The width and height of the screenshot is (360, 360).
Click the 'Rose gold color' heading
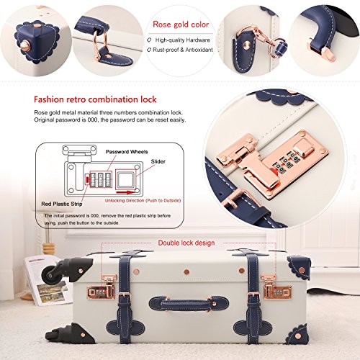[x=181, y=24]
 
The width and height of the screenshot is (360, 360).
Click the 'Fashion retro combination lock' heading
[x=95, y=99]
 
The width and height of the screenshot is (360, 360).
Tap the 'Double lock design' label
[x=186, y=243]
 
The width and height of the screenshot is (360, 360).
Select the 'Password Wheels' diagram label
[x=127, y=152]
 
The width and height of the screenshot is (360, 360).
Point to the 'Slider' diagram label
[x=158, y=161]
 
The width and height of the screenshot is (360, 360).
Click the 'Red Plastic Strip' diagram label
[x=62, y=204]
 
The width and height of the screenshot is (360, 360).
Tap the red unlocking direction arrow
[x=125, y=192]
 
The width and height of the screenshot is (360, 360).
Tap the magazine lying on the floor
[x=47, y=281]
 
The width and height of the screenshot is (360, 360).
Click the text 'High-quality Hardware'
[x=183, y=40]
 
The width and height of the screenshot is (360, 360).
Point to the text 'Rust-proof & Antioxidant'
[x=183, y=50]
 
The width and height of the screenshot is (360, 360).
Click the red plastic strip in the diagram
[x=86, y=179]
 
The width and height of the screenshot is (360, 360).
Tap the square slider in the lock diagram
[x=125, y=179]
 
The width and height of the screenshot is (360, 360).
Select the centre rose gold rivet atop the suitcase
[x=186, y=272]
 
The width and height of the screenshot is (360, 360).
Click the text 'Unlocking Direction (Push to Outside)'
[x=143, y=200]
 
